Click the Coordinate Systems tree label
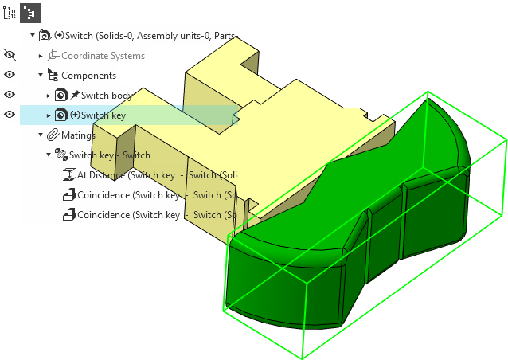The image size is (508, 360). [103, 56]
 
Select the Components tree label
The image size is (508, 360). [88, 76]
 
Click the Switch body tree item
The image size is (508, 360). [106, 96]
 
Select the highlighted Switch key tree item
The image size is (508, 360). [103, 115]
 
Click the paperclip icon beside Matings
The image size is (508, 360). [53, 135]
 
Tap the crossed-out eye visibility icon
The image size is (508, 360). [10, 55]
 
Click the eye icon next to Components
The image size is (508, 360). [10, 75]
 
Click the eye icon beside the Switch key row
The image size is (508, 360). [10, 115]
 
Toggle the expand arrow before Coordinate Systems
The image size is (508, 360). [41, 56]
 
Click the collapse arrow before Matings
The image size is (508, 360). [41, 135]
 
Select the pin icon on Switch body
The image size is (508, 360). [75, 96]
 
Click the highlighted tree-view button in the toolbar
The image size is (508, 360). [29, 13]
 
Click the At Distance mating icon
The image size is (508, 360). [68, 175]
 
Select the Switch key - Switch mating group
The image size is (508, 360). [109, 155]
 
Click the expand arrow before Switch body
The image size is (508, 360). [49, 96]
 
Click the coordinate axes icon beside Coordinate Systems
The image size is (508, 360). [53, 56]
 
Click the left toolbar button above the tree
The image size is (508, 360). [9, 13]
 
